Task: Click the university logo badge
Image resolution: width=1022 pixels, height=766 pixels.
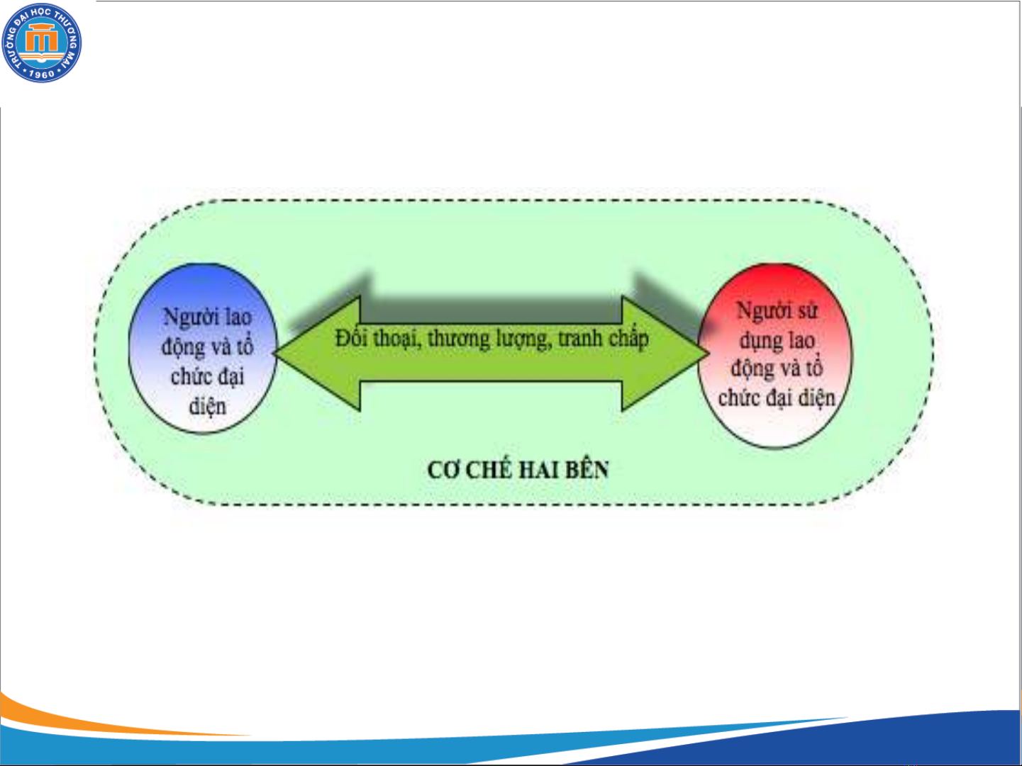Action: click(41, 43)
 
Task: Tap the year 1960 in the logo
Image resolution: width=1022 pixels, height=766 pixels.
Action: click(42, 74)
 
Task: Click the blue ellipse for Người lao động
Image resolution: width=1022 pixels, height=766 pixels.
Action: click(203, 349)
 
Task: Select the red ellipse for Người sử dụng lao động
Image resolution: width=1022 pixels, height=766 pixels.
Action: click(775, 356)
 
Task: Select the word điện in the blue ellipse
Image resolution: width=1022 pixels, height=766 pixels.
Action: click(208, 407)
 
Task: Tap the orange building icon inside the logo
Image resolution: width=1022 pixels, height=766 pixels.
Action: click(42, 38)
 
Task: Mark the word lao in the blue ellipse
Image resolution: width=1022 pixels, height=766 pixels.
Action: click(238, 317)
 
